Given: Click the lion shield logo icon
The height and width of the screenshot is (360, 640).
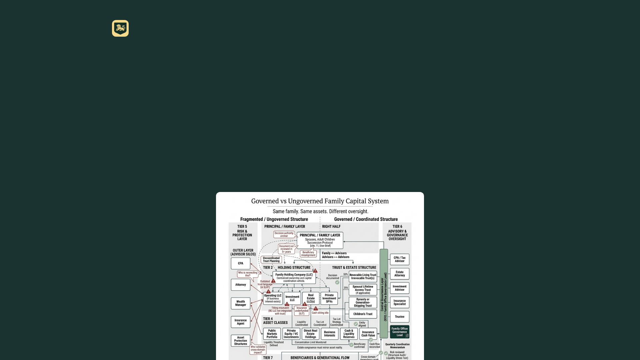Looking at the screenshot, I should coord(120,28).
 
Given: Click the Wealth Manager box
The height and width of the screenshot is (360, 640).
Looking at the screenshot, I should coord(240,303).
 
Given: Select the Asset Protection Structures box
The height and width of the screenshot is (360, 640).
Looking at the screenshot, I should coord(240,341).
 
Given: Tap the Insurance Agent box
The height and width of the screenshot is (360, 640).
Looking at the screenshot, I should coord(240,322).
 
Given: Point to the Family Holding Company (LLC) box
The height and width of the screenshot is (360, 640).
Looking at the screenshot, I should coord(294,278).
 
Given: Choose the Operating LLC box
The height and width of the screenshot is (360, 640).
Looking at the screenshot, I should coord(273,298).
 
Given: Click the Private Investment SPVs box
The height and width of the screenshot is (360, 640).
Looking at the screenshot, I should coord(329,298).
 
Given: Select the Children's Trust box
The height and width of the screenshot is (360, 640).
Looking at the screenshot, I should coord(363,314).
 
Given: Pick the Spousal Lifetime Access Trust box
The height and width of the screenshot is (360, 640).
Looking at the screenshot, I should coord(363,290).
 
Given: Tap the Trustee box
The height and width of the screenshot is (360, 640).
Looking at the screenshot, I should coord(399,317).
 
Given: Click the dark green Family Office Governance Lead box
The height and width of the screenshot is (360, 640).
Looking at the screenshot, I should coord(399,332).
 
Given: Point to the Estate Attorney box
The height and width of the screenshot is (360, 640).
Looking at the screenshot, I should coord(399,274).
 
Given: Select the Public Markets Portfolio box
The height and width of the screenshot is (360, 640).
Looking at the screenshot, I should coord(272,334).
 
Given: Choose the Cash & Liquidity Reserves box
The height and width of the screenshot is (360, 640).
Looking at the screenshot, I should coord(349,334).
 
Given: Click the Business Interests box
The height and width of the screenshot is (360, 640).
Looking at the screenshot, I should coord(329,334).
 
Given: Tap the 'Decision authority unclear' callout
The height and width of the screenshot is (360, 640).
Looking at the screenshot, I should coord(284,235).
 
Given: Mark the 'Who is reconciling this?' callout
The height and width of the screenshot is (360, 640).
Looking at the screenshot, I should coord(248,274).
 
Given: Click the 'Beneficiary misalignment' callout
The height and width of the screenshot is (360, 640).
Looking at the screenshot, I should coord(308,254).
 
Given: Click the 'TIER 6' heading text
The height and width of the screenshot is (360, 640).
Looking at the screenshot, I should coord(397,227).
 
